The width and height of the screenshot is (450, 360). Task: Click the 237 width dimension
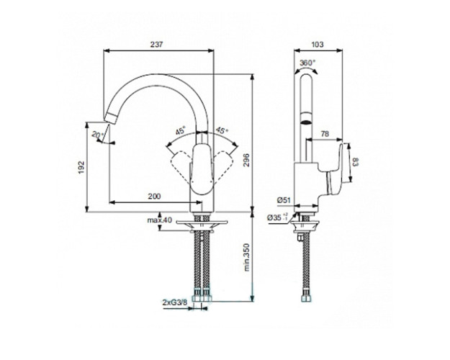[158, 45]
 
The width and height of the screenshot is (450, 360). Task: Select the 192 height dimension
[81, 167]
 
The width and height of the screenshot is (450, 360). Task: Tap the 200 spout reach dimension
[153, 196]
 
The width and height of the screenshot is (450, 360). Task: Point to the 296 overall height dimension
[246, 161]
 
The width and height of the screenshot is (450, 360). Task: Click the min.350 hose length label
[246, 256]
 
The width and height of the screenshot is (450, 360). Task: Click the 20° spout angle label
[96, 135]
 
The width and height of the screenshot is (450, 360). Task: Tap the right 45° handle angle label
[222, 130]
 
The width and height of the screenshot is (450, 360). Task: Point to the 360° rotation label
[307, 63]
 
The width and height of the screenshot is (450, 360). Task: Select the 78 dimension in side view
[325, 133]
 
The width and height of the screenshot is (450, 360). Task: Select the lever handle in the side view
[336, 173]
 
